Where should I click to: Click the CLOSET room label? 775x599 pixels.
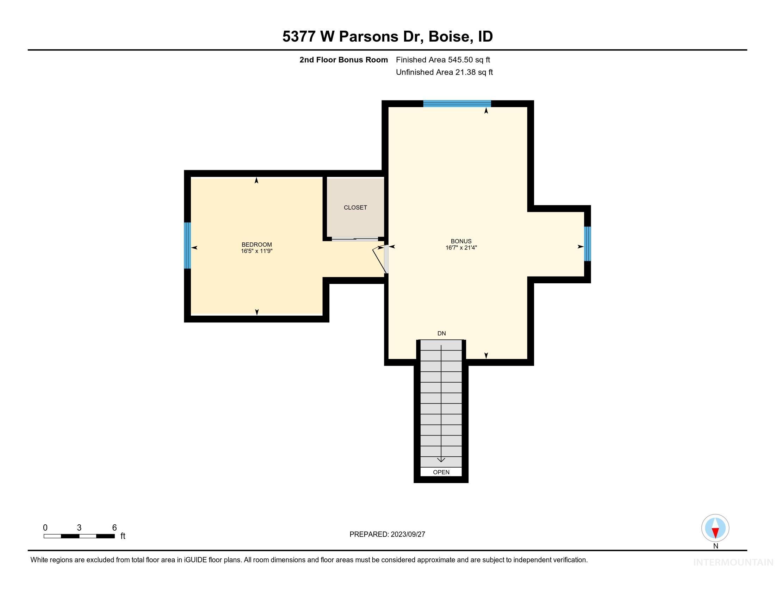tap(355, 208)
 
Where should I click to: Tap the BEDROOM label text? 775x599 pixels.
tap(256, 245)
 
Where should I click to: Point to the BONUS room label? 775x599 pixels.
tap(461, 241)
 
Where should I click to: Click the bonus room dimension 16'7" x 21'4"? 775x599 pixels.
tap(461, 248)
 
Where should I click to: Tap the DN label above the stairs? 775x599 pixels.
tap(441, 334)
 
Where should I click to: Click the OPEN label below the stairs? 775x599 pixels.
tap(441, 472)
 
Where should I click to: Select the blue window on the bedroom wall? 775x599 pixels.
tap(187, 246)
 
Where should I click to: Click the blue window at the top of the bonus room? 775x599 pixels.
tap(457, 104)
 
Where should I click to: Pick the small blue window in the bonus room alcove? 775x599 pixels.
tap(587, 244)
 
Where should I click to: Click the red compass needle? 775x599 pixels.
tap(715, 533)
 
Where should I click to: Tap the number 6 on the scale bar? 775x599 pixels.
tap(114, 528)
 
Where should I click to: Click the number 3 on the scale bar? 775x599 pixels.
tap(79, 528)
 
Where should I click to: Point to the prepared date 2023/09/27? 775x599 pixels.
tap(408, 535)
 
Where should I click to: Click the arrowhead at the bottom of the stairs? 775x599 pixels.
tap(441, 460)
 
